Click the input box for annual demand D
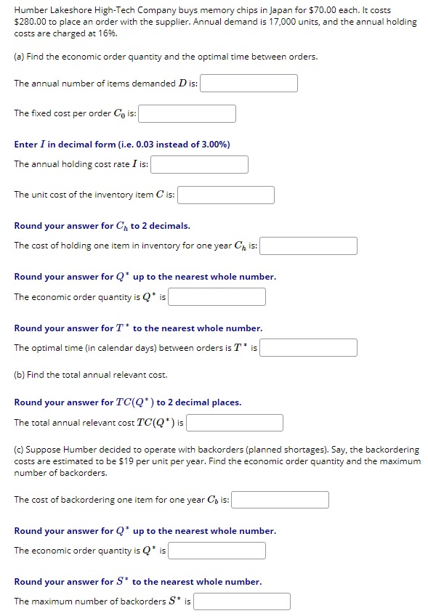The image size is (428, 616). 249,84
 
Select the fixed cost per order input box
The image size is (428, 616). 187,114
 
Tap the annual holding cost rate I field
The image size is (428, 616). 199,165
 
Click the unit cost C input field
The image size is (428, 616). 225,195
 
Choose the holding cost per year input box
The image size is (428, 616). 308,246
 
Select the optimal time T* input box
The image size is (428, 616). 308,348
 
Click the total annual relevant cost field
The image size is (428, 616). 234,423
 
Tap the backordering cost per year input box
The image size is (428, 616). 280,500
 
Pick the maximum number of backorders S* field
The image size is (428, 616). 241,601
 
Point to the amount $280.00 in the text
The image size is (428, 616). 30,22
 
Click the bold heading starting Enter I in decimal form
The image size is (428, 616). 122,145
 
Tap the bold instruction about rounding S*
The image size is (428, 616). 138,582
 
